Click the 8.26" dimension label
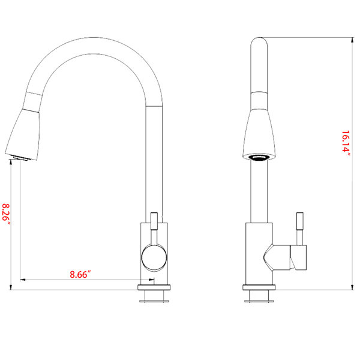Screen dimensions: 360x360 [x=6, y=215]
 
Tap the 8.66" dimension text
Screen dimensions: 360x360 [x=80, y=274]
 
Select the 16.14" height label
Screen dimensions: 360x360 [x=346, y=143]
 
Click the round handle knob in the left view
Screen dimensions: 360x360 [x=154, y=257]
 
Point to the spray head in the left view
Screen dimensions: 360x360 [x=23, y=134]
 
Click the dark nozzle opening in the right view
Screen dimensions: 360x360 [x=259, y=158]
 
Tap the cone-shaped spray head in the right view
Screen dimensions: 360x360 [x=259, y=134]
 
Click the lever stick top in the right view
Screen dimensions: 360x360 [x=300, y=221]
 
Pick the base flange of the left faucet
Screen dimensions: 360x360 [x=154, y=287]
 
